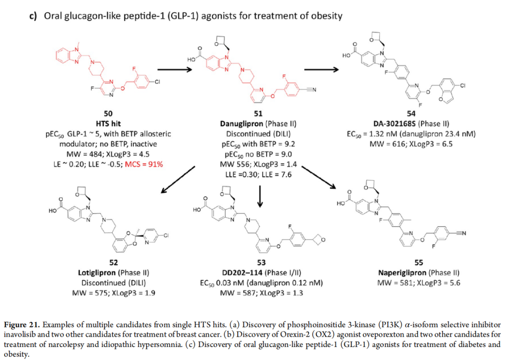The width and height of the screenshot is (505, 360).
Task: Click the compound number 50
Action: click(107, 114)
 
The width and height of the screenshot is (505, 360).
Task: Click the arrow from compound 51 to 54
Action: click(321, 70)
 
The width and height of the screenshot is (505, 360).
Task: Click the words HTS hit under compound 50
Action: click(108, 124)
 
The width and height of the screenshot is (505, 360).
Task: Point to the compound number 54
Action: click(411, 114)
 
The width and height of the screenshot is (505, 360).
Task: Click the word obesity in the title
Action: click(324, 16)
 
